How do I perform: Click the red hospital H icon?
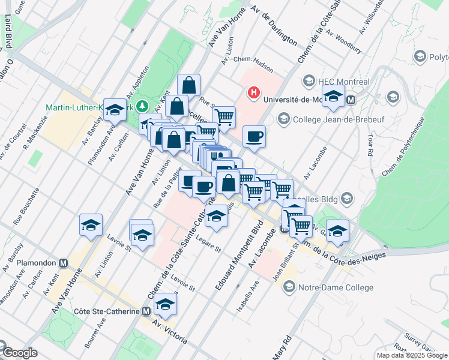coord(255,93)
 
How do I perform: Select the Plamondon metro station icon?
coord(63,263)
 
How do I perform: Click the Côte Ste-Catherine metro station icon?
coord(146,311)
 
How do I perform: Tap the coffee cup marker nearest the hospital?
coord(255,136)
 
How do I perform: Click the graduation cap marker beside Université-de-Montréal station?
coord(333,96)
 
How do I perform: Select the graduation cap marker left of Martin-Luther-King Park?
coord(115,109)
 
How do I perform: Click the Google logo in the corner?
coord(19,353)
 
